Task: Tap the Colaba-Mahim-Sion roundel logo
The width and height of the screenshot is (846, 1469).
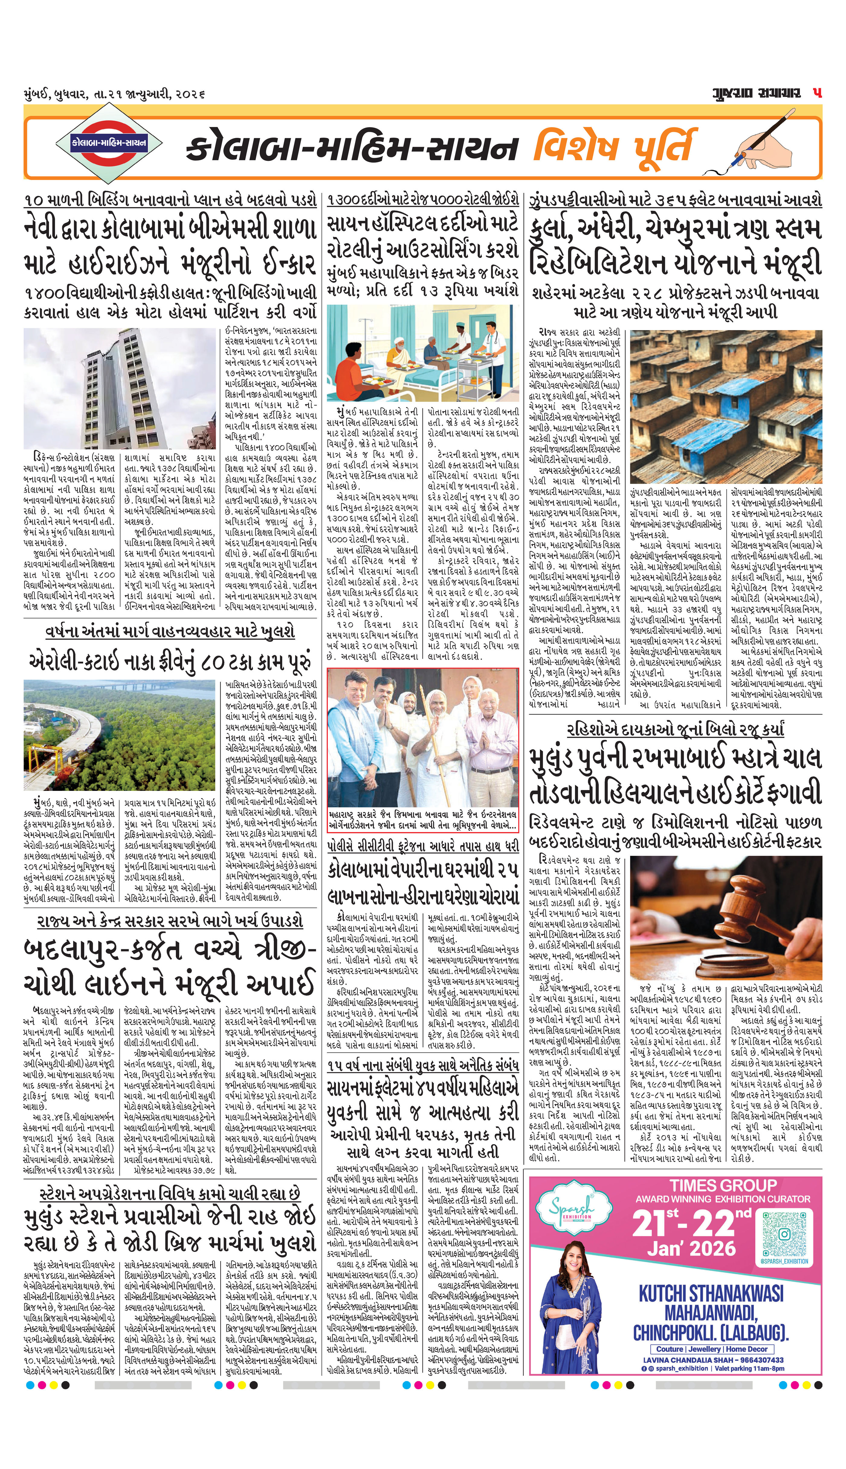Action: click(x=110, y=142)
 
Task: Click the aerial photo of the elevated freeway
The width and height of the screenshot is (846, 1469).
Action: click(x=119, y=734)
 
